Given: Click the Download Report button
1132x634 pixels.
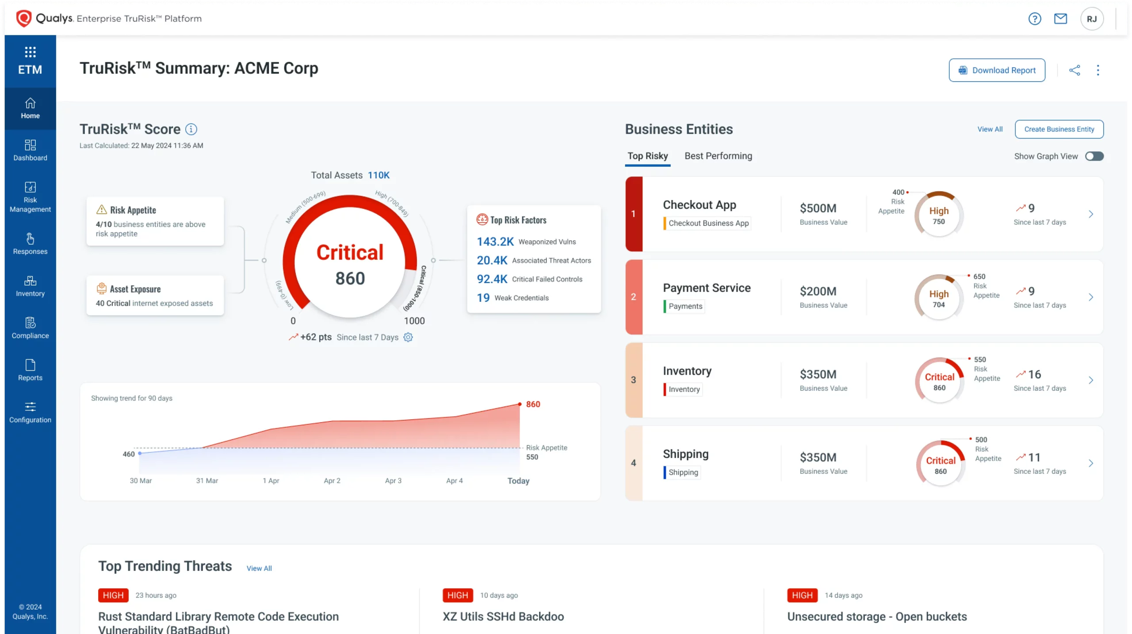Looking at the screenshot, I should [997, 70].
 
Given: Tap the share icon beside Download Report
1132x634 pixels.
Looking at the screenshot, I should [1075, 70].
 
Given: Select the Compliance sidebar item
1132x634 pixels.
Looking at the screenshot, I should [30, 328].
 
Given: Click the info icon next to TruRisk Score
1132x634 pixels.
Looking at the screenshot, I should [191, 129].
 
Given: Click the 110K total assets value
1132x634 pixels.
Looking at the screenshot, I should [379, 175].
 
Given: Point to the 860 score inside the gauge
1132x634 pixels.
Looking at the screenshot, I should [350, 278].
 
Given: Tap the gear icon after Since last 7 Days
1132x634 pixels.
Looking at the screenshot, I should [408, 337].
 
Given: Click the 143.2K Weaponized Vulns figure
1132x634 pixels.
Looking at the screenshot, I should [495, 242].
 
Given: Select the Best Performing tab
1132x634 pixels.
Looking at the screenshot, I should [718, 156].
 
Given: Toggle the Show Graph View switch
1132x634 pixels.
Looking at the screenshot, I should [1094, 156].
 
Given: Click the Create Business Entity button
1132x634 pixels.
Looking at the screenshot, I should [1059, 129].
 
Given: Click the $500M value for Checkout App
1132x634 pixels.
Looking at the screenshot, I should [818, 208].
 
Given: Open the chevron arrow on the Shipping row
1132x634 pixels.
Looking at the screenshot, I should [1091, 463].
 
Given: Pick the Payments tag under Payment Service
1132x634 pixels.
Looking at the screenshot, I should [685, 306].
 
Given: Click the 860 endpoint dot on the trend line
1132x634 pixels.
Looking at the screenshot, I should [520, 404].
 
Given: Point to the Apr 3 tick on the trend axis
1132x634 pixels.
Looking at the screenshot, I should [393, 481].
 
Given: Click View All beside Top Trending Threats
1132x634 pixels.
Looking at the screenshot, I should [259, 569].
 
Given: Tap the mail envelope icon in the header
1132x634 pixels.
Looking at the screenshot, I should [1060, 19].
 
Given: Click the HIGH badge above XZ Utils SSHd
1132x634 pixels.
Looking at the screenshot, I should [458, 596].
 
